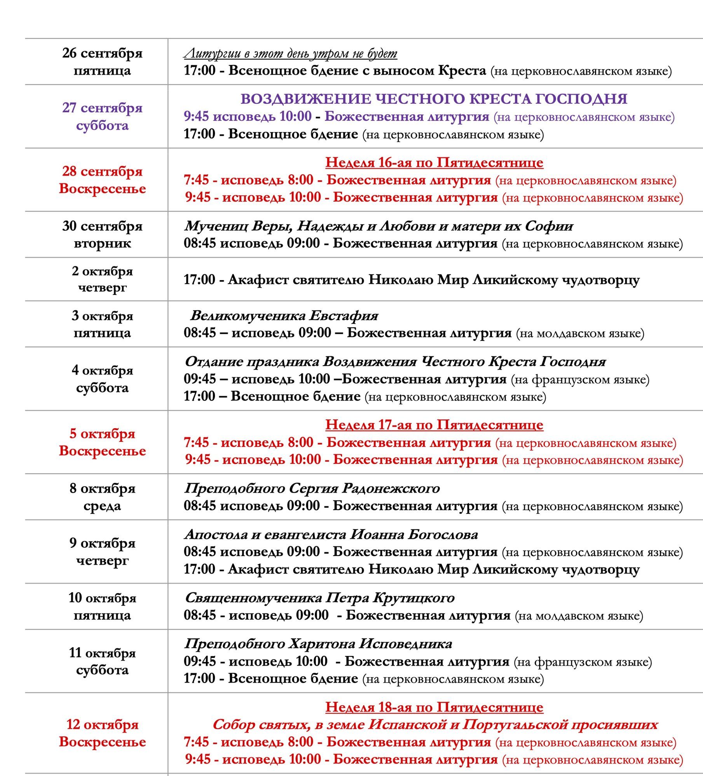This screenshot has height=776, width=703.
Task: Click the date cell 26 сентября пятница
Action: coord(102,62)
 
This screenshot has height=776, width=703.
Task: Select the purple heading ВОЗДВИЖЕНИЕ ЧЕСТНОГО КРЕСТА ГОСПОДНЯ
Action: coord(434,99)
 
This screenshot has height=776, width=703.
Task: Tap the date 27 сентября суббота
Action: coord(102,117)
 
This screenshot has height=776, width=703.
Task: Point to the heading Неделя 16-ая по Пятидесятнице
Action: coord(434,162)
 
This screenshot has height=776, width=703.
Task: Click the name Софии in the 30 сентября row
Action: coord(549,226)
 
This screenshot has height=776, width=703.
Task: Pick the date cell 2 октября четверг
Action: coord(102,279)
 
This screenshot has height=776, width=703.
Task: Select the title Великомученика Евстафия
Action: coord(284,316)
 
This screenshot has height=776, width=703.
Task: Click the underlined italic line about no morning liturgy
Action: coord(290,53)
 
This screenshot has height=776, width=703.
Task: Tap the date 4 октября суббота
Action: coord(102,379)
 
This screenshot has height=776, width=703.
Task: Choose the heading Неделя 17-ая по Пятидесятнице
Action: coord(434,425)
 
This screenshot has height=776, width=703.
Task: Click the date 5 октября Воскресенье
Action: coord(102,442)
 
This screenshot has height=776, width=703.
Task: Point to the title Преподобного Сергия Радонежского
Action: coord(312,488)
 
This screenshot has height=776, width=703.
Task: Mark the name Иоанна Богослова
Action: coord(414,535)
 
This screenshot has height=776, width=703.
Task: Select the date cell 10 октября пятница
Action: coord(102,607)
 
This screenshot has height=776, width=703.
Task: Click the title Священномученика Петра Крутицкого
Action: coord(319,598)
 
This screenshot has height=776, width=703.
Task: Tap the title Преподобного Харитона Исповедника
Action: coord(318,644)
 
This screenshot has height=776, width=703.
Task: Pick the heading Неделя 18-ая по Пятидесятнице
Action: coord(434,707)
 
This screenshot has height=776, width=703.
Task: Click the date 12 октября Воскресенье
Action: coord(102,733)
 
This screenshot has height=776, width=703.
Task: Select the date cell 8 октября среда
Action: coord(102,497)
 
